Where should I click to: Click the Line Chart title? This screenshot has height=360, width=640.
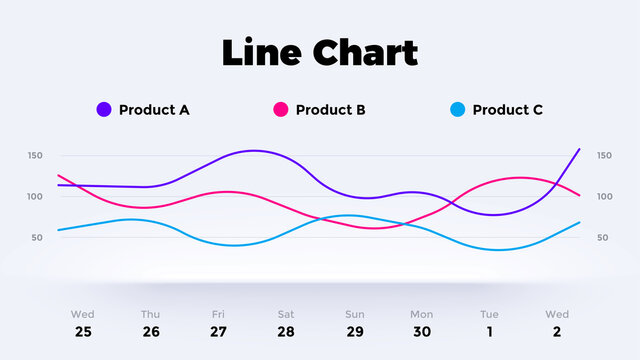320,52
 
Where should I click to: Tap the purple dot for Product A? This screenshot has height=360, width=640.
104,110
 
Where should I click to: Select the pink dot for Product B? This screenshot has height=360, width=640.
281,110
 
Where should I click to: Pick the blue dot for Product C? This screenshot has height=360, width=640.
458,110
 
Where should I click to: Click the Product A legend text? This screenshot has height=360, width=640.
154,110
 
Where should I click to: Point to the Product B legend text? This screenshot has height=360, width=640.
331,110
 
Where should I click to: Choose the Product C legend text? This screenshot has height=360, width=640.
508,110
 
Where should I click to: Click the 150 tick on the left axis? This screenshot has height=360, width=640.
35,156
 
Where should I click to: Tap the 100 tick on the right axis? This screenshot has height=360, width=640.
604,197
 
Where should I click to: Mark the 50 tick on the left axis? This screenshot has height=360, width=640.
37,238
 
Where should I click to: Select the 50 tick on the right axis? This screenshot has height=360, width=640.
604,238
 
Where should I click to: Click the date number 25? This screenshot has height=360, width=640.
83,332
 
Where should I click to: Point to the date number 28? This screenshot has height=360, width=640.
286,332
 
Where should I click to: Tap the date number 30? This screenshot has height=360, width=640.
421,332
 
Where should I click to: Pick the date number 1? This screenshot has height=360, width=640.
489,332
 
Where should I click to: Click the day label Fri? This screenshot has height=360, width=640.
218,314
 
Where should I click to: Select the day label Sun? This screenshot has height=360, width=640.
354,314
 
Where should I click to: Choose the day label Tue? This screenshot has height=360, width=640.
489,314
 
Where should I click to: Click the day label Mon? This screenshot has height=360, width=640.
421,314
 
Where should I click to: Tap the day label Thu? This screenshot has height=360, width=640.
150,314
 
